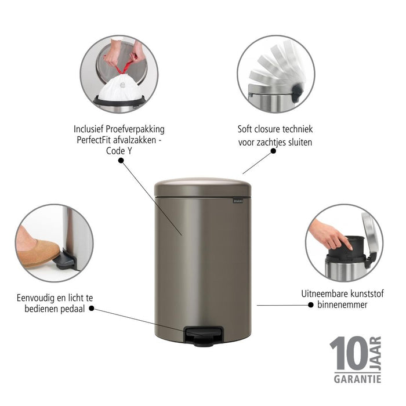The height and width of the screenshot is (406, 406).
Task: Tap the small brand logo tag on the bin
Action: coord(238,201)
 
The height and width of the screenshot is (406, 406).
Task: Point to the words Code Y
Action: coord(119,152)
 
